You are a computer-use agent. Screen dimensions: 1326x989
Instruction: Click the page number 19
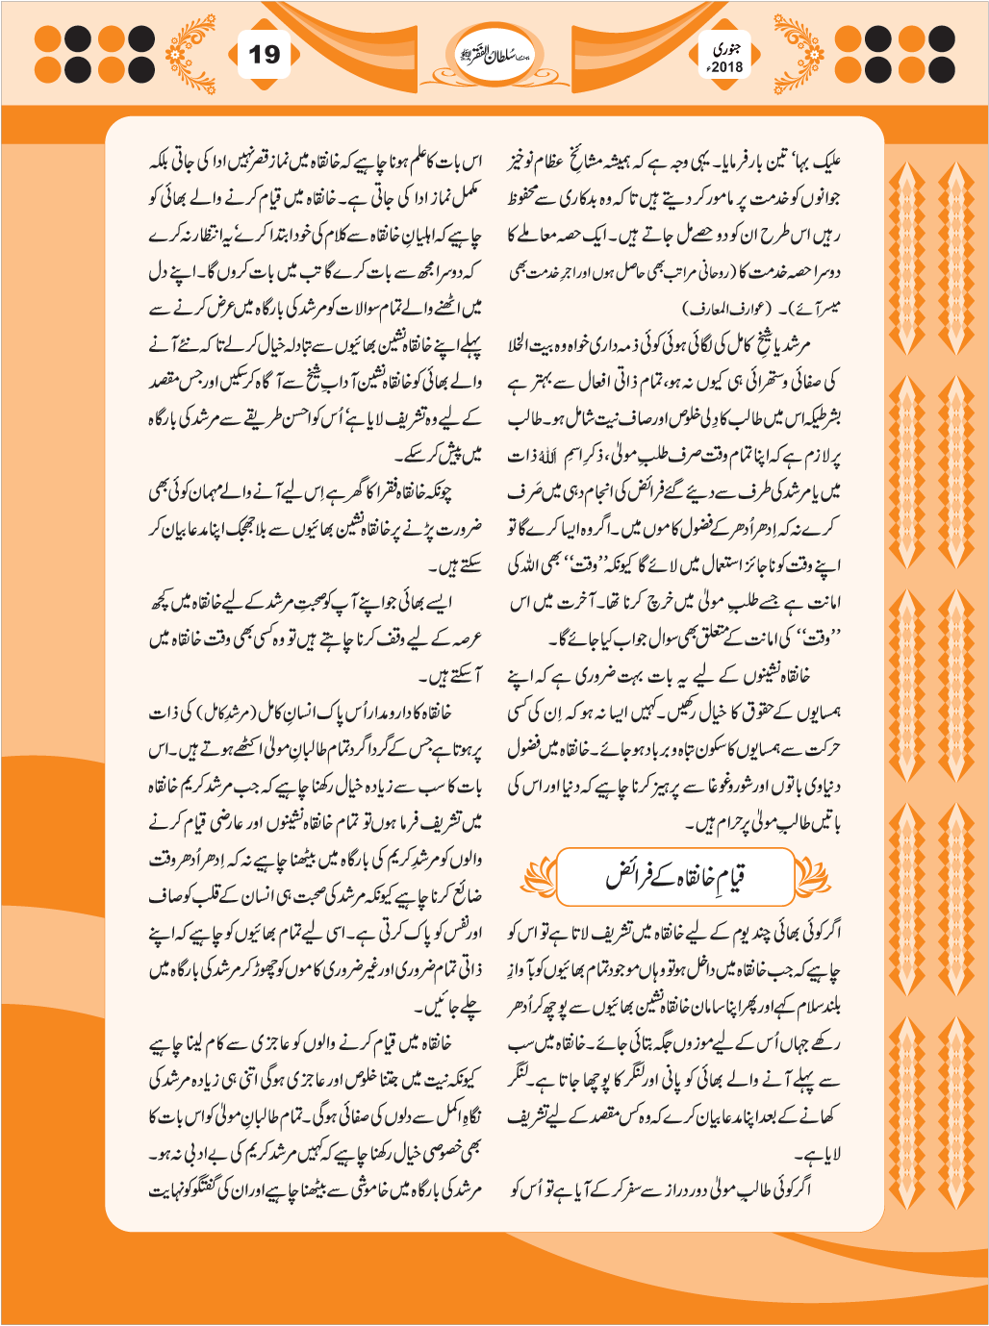[264, 55]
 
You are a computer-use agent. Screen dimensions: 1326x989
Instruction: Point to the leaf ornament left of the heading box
[539, 876]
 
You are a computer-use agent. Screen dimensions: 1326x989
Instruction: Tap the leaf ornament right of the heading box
[810, 876]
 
